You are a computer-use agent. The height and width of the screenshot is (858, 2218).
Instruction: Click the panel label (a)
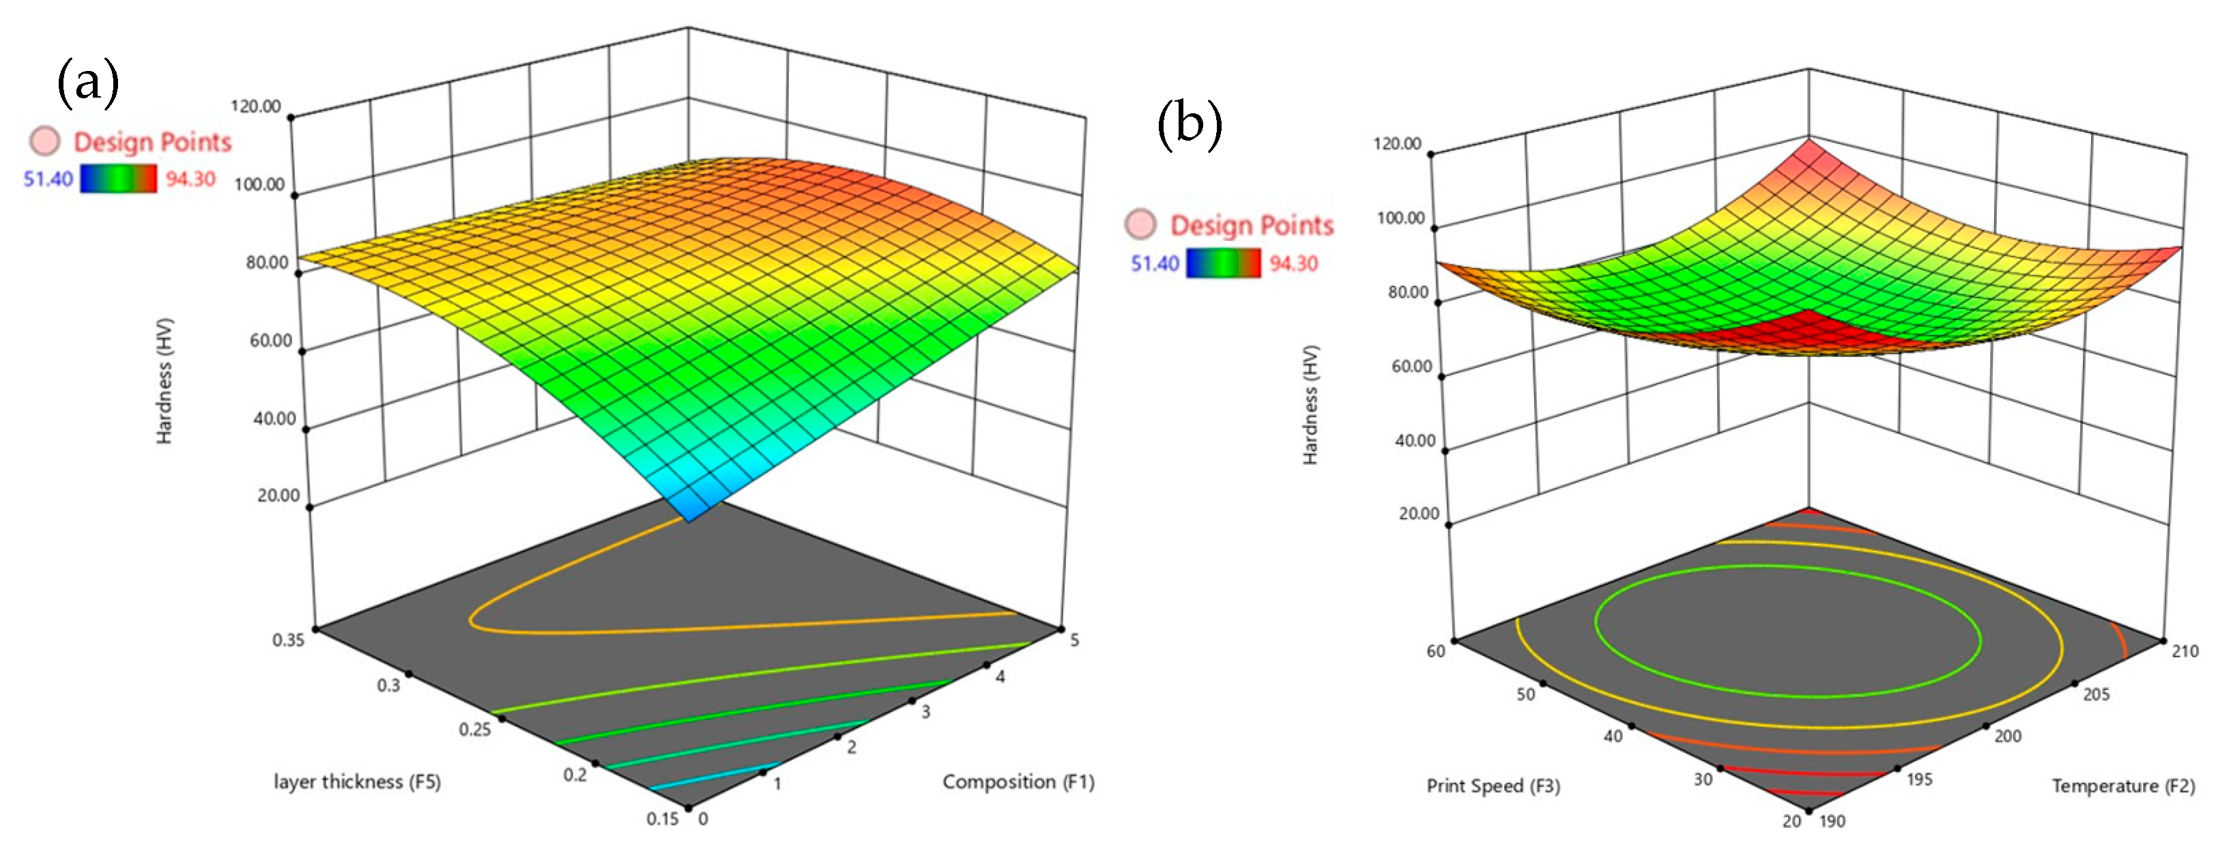point(88,83)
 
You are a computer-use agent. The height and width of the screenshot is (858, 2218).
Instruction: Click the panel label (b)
point(1189,124)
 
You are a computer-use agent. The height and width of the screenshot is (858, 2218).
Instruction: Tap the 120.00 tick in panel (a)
point(257,106)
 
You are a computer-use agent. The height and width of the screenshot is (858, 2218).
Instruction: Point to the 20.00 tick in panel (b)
point(1418,513)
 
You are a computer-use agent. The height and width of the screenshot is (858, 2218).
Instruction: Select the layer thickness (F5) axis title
point(356,782)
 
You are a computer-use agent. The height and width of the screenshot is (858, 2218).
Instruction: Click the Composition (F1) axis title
point(1018,782)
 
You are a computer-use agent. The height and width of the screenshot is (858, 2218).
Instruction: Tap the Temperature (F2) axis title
point(2122,786)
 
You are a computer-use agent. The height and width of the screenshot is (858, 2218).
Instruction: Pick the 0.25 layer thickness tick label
point(474,729)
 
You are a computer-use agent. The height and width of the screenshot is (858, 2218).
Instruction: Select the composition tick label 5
point(1074,640)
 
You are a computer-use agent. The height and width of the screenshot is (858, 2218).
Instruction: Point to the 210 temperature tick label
point(2185,651)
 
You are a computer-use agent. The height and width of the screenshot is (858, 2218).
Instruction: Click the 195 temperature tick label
point(1919,780)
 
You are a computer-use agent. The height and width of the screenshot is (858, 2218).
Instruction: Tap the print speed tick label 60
point(1435,651)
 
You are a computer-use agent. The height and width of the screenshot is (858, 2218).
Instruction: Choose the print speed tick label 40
point(1613,736)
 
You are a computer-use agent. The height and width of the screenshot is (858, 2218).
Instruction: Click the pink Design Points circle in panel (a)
point(45,141)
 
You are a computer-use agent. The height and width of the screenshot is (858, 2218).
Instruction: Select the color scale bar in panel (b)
point(1223,263)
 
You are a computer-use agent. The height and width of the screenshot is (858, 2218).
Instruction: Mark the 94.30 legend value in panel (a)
point(190,180)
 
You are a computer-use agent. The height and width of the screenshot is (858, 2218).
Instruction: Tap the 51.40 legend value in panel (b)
point(1155,263)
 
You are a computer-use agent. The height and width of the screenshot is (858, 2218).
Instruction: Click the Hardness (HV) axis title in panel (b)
point(1310,405)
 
